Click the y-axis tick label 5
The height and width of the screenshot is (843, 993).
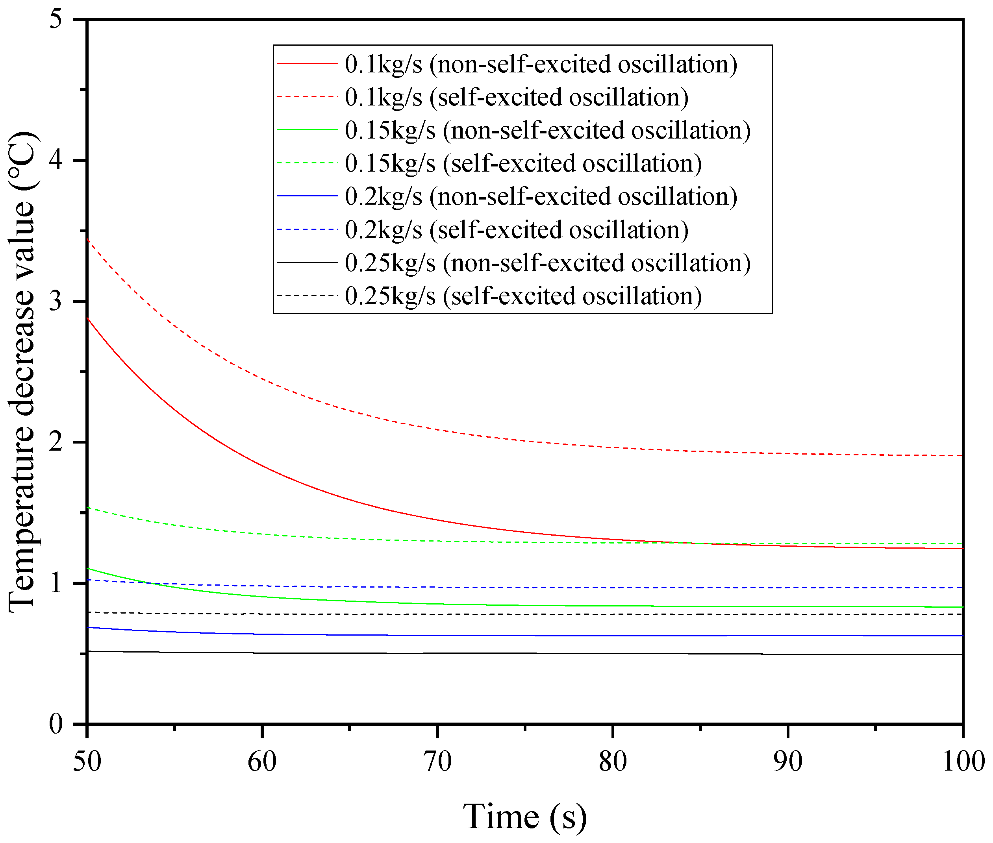pos(56,20)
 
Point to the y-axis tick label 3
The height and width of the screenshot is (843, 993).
pos(56,301)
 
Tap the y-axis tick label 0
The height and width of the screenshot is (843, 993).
pos(56,725)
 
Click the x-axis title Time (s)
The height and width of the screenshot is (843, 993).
pos(524,816)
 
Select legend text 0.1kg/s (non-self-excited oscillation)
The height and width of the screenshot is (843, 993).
pos(541,64)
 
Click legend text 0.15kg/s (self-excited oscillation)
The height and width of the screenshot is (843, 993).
pos(523,163)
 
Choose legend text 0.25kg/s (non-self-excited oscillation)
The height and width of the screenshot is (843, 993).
pos(547,263)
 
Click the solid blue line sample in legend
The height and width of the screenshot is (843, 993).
pos(308,196)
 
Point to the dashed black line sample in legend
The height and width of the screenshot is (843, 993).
pos(308,295)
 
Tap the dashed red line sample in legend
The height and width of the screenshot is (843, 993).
pos(308,96)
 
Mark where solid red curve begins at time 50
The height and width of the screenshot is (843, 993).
pos(87,318)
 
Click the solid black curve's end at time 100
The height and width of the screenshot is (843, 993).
pos(962,654)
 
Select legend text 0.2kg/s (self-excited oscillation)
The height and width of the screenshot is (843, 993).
pos(516,229)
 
